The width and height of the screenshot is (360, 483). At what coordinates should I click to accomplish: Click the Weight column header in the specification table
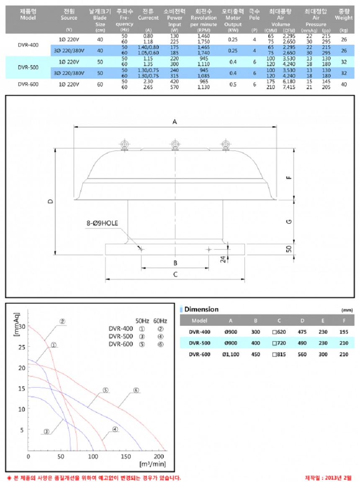pyautogui.click(x=344, y=18)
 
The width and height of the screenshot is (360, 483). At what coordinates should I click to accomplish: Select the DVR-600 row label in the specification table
pyautogui.click(x=28, y=84)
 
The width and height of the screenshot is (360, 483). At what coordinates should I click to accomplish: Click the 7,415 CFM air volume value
pyautogui.click(x=288, y=87)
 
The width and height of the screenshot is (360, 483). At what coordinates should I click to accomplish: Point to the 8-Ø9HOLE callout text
pyautogui.click(x=103, y=224)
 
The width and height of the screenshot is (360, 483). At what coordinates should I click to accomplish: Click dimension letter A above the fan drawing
pyautogui.click(x=175, y=122)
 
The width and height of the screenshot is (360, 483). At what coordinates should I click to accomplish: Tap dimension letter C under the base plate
pyautogui.click(x=175, y=274)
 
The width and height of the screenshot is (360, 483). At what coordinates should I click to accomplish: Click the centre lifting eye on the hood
pyautogui.click(x=175, y=145)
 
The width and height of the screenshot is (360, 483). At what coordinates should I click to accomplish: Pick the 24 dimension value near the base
pyautogui.click(x=223, y=259)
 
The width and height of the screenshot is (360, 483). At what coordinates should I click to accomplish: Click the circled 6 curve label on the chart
pyautogui.click(x=136, y=390)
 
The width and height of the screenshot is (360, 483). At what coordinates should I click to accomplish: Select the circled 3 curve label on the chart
pyautogui.click(x=46, y=432)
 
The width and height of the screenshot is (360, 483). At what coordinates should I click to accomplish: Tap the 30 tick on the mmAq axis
pyautogui.click(x=22, y=327)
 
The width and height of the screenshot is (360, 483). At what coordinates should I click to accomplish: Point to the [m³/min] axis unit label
pyautogui.click(x=152, y=464)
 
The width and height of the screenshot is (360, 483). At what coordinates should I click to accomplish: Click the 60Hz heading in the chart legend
pyautogui.click(x=160, y=321)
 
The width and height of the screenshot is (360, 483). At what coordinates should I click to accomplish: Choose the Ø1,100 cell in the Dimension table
pyautogui.click(x=231, y=354)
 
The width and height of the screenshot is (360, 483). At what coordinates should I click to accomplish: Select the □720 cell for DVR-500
pyautogui.click(x=279, y=343)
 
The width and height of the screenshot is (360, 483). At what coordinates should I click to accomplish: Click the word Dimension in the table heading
pyautogui.click(x=201, y=309)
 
